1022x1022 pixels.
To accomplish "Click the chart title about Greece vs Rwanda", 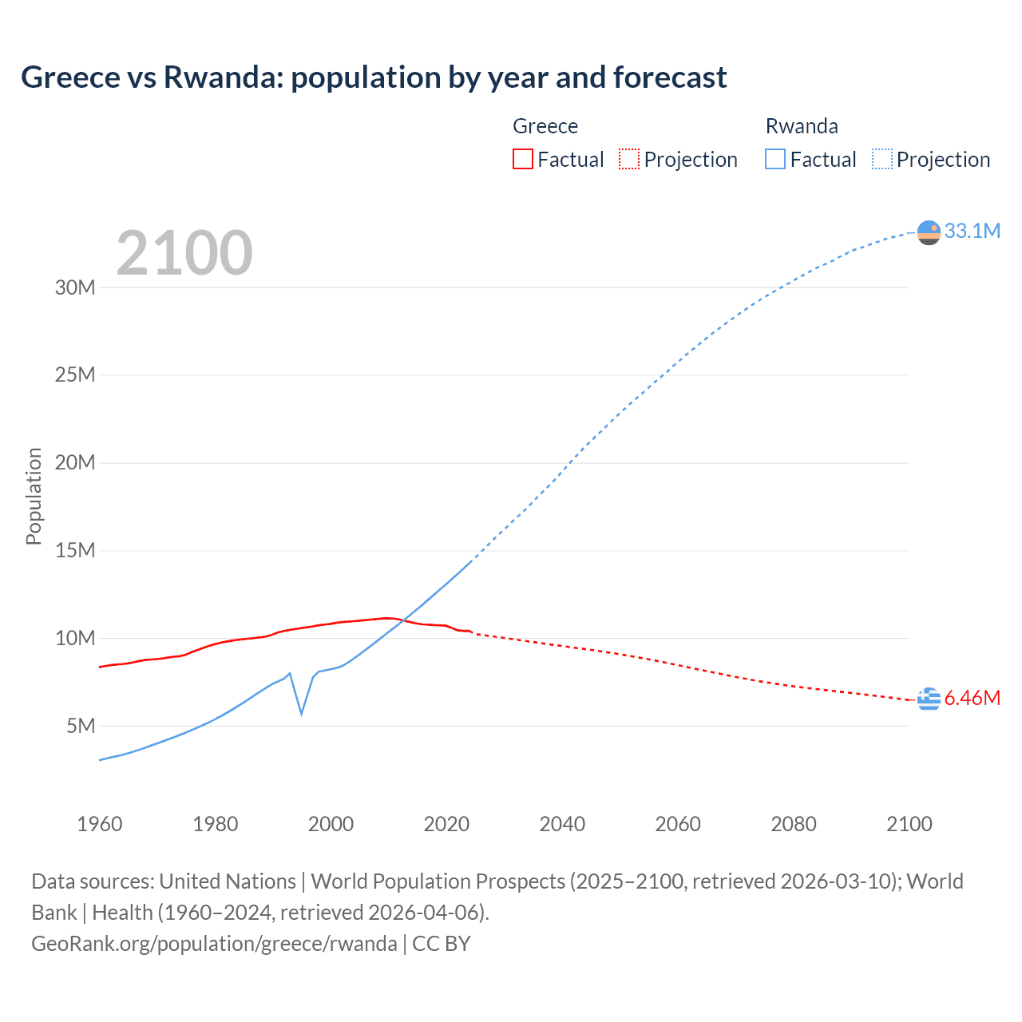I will pyautogui.click(x=374, y=77).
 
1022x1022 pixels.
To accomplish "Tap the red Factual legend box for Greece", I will pyautogui.click(x=522, y=159).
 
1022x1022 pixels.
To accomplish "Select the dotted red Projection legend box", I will pyautogui.click(x=629, y=159).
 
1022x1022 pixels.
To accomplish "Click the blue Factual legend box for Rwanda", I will pyautogui.click(x=774, y=159).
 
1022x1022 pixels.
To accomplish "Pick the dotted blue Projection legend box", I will pyautogui.click(x=882, y=159).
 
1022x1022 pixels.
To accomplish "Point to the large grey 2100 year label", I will pyautogui.click(x=184, y=253).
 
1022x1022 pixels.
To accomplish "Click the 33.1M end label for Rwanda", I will pyautogui.click(x=972, y=231).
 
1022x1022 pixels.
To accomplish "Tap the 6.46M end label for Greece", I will pyautogui.click(x=972, y=698).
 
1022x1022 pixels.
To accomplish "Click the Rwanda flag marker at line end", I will pyautogui.click(x=929, y=232).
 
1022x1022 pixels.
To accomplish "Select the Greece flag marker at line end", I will pyautogui.click(x=929, y=699).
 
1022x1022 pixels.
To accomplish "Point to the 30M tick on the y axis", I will pyautogui.click(x=75, y=287).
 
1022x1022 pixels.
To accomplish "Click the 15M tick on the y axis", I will pyautogui.click(x=75, y=550).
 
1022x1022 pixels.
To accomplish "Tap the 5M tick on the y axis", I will pyautogui.click(x=81, y=726).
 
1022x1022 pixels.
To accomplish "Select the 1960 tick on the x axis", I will pyautogui.click(x=100, y=824).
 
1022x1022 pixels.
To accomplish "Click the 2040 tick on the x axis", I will pyautogui.click(x=562, y=824).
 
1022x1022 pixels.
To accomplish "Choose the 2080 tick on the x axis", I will pyautogui.click(x=794, y=824).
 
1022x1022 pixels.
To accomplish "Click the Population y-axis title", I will pyautogui.click(x=34, y=496).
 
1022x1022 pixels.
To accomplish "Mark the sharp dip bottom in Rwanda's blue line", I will pyautogui.click(x=301, y=713).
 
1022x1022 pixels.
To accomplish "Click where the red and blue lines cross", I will pyautogui.click(x=403, y=620).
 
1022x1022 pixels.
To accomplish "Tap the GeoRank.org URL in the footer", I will pyautogui.click(x=214, y=944).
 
